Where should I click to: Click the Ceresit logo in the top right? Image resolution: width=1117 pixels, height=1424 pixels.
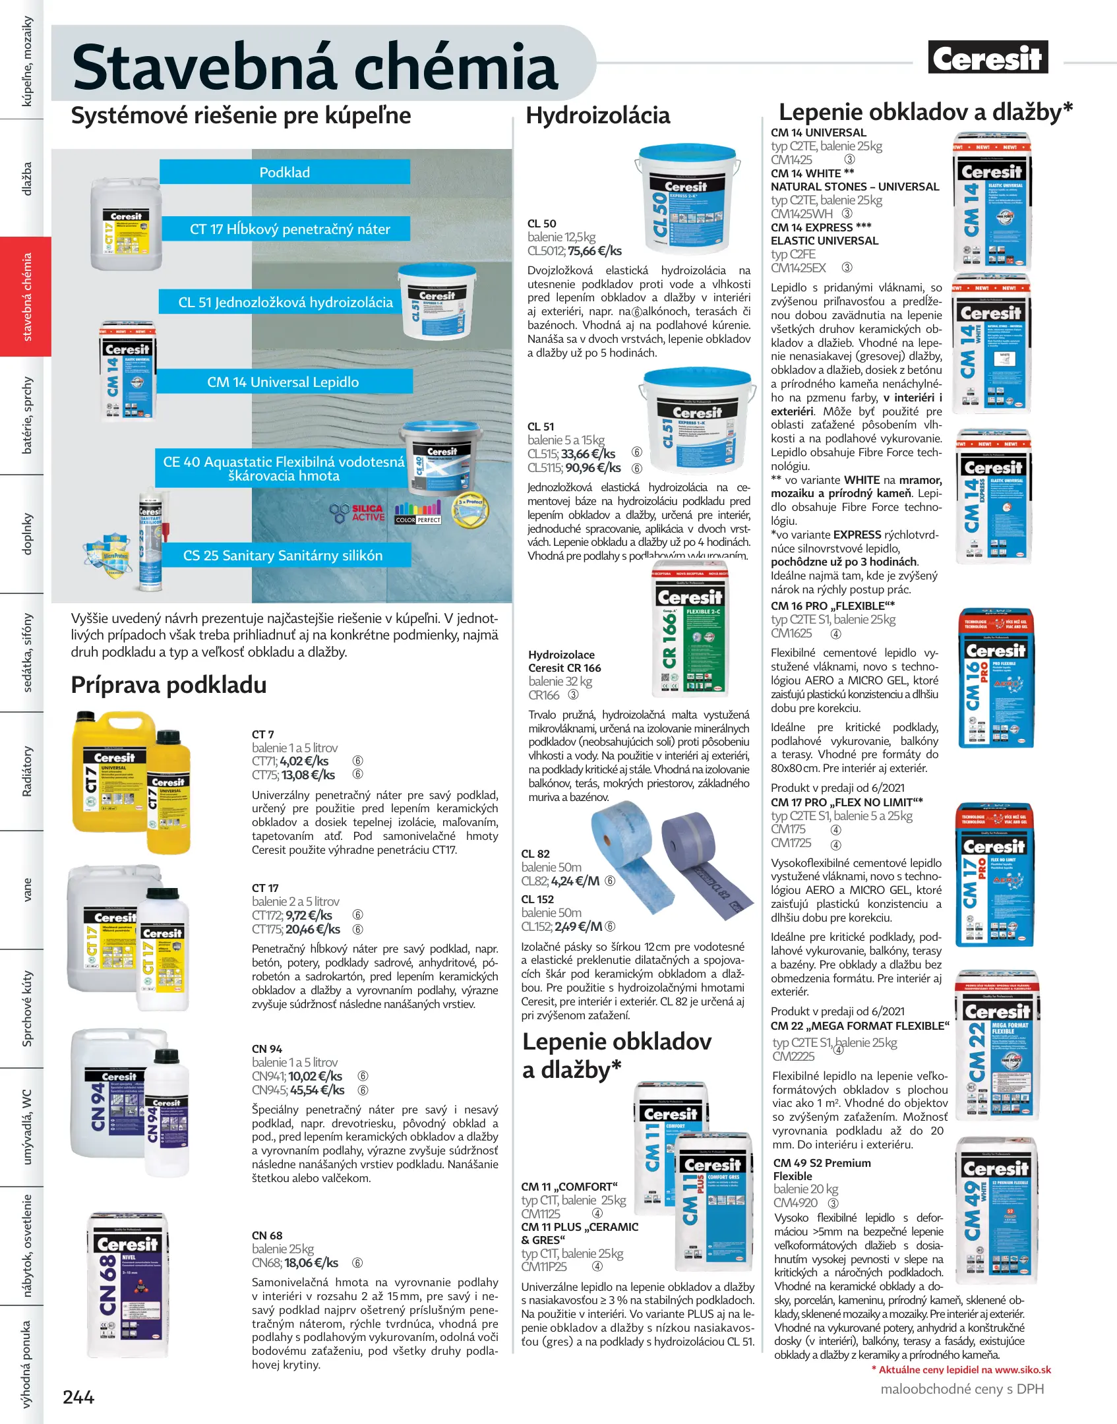pyautogui.click(x=987, y=58)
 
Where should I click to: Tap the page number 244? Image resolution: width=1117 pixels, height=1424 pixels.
pyautogui.click(x=78, y=1396)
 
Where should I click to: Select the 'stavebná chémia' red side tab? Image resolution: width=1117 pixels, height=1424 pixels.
pyautogui.click(x=26, y=297)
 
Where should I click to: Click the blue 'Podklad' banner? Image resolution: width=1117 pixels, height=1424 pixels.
pyautogui.click(x=284, y=172)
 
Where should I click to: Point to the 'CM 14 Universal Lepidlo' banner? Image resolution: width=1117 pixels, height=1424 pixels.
pyautogui.click(x=283, y=382)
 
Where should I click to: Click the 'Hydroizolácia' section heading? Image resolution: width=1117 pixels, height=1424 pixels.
pyautogui.click(x=597, y=116)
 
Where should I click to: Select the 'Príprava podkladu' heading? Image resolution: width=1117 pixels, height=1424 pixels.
pyautogui.click(x=168, y=685)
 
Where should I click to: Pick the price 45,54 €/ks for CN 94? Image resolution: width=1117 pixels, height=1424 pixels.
pyautogui.click(x=317, y=1090)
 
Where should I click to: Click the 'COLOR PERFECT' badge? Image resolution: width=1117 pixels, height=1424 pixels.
pyautogui.click(x=417, y=513)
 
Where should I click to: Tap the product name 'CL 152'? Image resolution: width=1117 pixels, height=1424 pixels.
pyautogui.click(x=537, y=899)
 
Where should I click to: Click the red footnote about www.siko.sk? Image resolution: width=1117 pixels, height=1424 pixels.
pyautogui.click(x=961, y=1369)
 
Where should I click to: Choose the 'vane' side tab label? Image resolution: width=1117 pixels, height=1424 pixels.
pyautogui.click(x=27, y=889)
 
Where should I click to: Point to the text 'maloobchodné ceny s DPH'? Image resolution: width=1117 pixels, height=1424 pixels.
pyautogui.click(x=962, y=1389)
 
